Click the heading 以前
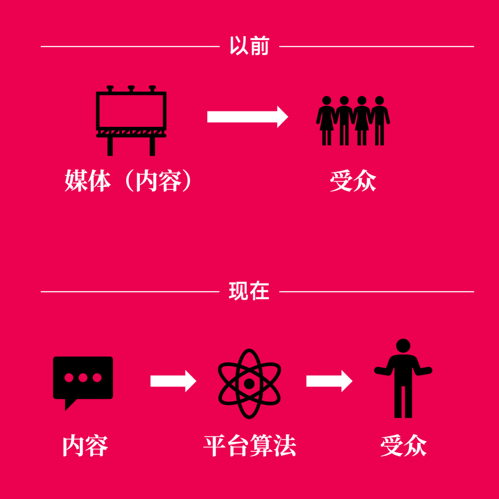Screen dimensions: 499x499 [249, 46]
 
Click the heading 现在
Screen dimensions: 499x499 [249, 291]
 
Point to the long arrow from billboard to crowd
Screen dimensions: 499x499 [248, 117]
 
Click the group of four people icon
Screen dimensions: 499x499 [353, 121]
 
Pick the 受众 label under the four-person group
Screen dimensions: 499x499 [353, 181]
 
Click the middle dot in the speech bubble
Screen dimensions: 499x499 [83, 378]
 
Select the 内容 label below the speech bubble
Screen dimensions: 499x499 [85, 445]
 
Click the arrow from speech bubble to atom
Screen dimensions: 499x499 [173, 381]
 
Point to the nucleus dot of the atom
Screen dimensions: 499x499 [249, 384]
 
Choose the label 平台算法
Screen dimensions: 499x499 [250, 445]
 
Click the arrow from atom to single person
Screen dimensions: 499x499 [329, 381]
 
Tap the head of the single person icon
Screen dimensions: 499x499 [403, 346]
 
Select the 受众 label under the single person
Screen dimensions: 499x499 [403, 445]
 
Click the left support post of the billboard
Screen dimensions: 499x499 [110, 146]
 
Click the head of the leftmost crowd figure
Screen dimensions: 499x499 [327, 100]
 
